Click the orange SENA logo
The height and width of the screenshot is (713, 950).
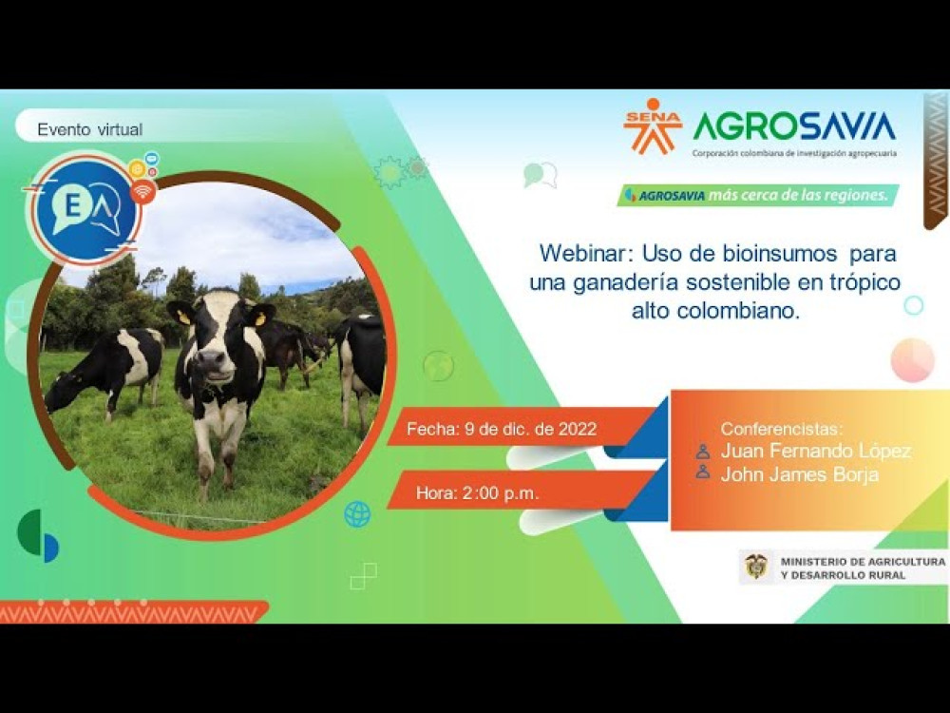pos(653,126)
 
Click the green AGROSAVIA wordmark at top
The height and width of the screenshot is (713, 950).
pos(794,125)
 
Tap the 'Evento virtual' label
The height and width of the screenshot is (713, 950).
pos(90,129)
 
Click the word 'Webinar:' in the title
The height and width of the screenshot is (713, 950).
pos(586,254)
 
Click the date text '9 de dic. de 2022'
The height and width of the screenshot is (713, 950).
pos(530,429)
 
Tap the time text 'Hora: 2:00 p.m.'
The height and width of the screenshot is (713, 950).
pos(477,493)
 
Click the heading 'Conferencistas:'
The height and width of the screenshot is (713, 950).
pos(782,429)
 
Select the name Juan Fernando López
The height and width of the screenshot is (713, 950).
pos(815,451)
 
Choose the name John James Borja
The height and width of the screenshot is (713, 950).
pos(799,474)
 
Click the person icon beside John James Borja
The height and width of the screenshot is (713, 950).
pos(703,472)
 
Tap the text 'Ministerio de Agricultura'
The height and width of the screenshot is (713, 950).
pos(861,562)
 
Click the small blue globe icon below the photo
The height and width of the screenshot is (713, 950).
pos(357,514)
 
